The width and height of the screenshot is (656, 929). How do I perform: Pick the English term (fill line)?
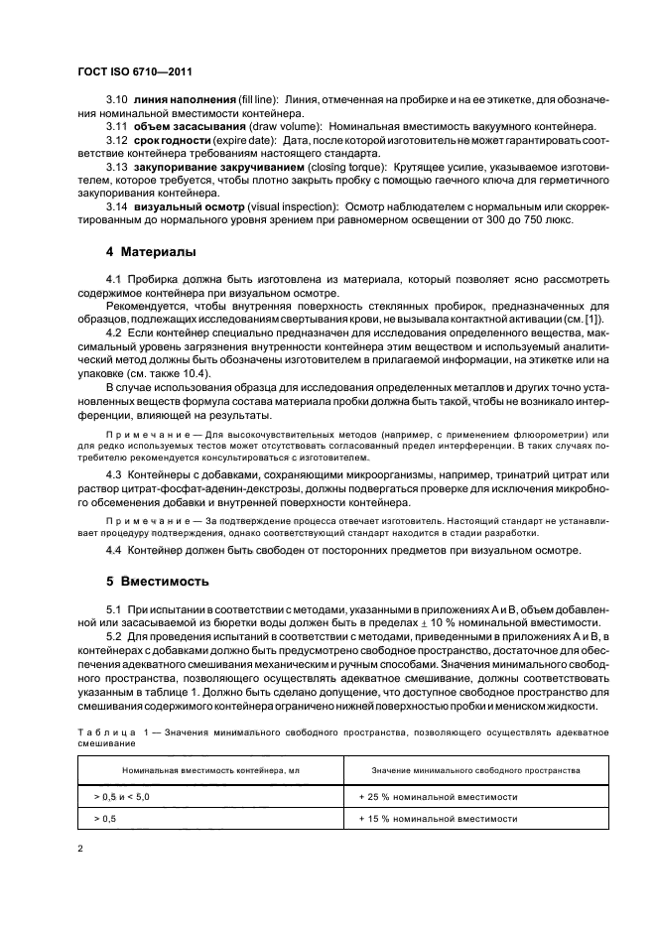click(x=258, y=100)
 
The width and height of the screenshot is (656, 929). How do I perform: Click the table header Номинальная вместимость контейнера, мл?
click(x=210, y=769)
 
